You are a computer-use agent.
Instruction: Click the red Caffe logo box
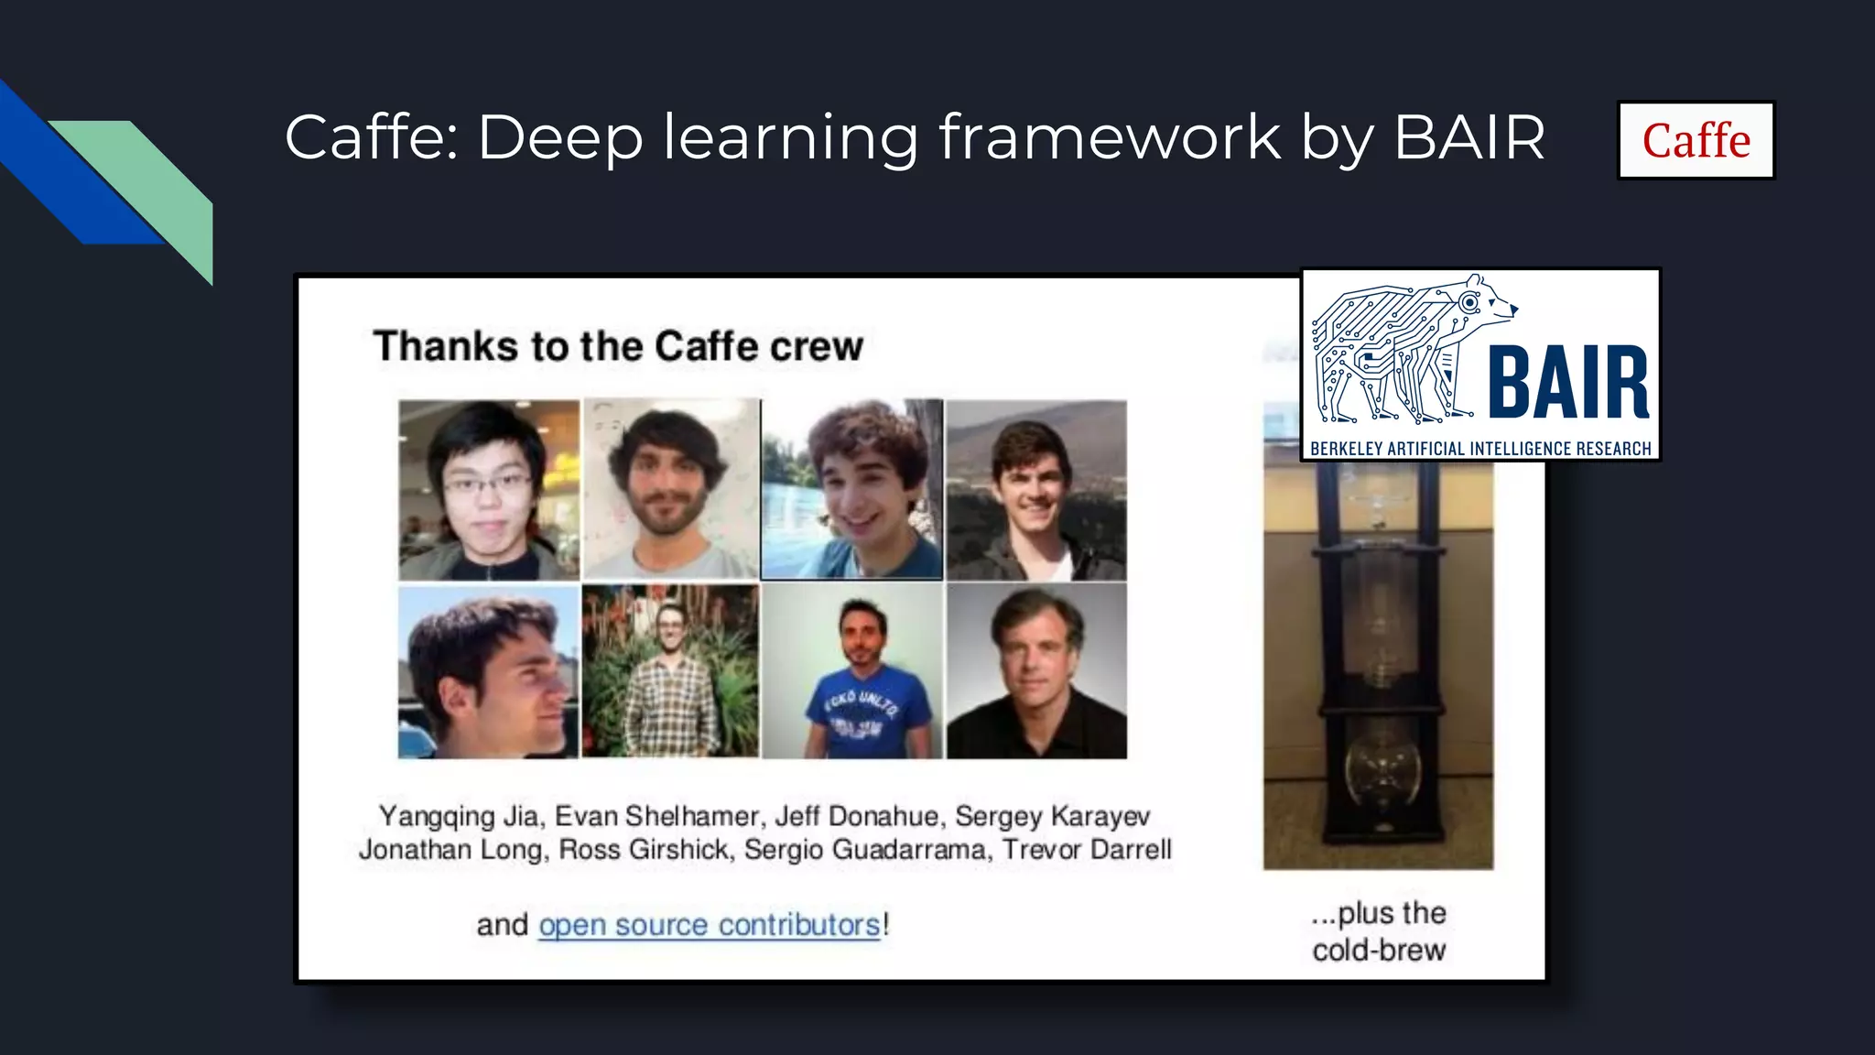pos(1696,140)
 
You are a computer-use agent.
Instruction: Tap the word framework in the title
pos(1109,137)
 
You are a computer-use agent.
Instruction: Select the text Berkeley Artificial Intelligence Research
pos(1480,449)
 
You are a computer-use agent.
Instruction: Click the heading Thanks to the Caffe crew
pos(618,346)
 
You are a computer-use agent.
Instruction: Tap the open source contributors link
pos(710,925)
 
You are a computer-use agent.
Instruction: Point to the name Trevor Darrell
pos(1087,850)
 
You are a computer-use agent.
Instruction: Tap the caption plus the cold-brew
pos(1379,931)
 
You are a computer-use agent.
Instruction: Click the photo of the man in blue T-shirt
pos(852,672)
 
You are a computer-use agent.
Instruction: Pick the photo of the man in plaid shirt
pos(670,672)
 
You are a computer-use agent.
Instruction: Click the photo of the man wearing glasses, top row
pos(489,489)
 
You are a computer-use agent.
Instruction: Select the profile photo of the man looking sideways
pos(489,672)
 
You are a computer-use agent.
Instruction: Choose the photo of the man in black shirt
pos(1036,672)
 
